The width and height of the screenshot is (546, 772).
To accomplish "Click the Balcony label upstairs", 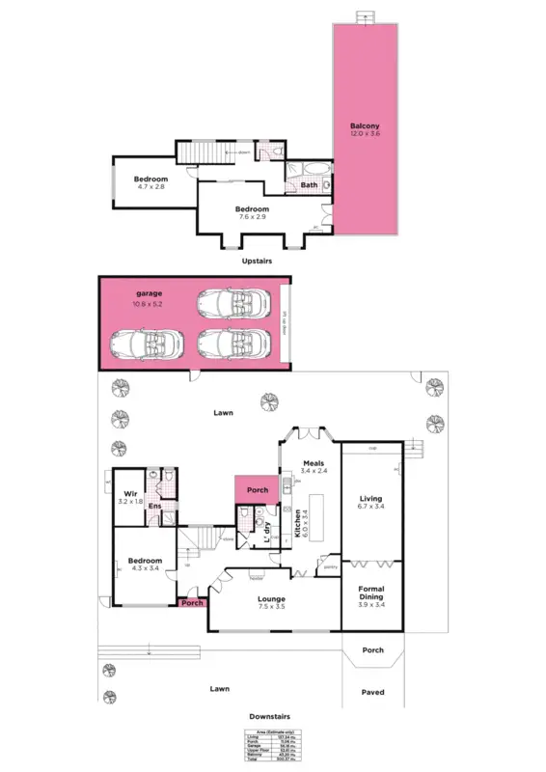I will [x=365, y=125].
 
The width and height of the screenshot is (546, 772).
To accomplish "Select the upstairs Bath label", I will [x=309, y=184].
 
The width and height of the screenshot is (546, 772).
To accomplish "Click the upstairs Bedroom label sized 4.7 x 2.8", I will [x=150, y=179].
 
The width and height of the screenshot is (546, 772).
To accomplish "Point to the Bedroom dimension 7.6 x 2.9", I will [x=252, y=217].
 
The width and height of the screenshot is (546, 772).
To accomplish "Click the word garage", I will [x=148, y=292].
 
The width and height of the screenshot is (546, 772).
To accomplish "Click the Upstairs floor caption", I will [x=257, y=261].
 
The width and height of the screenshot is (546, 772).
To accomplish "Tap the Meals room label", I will [x=313, y=462].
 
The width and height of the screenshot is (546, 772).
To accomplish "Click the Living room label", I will [x=371, y=499].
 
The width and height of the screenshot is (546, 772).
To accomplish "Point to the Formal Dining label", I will [x=371, y=593].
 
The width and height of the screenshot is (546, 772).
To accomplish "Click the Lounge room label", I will [x=271, y=599].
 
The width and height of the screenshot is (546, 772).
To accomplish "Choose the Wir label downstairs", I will [x=129, y=493].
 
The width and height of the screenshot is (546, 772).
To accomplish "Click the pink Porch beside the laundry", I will [x=258, y=490].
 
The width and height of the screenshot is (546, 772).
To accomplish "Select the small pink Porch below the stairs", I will [x=192, y=605].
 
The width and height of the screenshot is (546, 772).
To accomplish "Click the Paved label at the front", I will [x=372, y=692].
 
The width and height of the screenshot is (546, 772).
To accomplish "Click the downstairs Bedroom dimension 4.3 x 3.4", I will [x=144, y=568].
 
